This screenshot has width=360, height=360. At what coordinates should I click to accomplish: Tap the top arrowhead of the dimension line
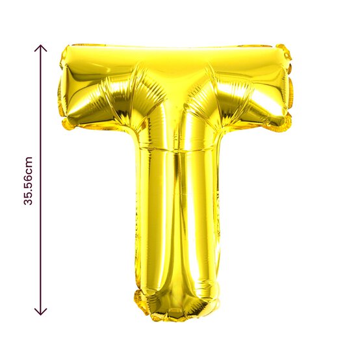tap(41, 48)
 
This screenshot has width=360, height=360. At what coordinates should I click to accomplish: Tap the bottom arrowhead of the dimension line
tap(41, 312)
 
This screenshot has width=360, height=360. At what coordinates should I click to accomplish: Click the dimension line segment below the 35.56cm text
tap(41, 260)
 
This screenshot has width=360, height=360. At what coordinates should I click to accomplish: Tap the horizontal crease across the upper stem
tap(175, 151)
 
